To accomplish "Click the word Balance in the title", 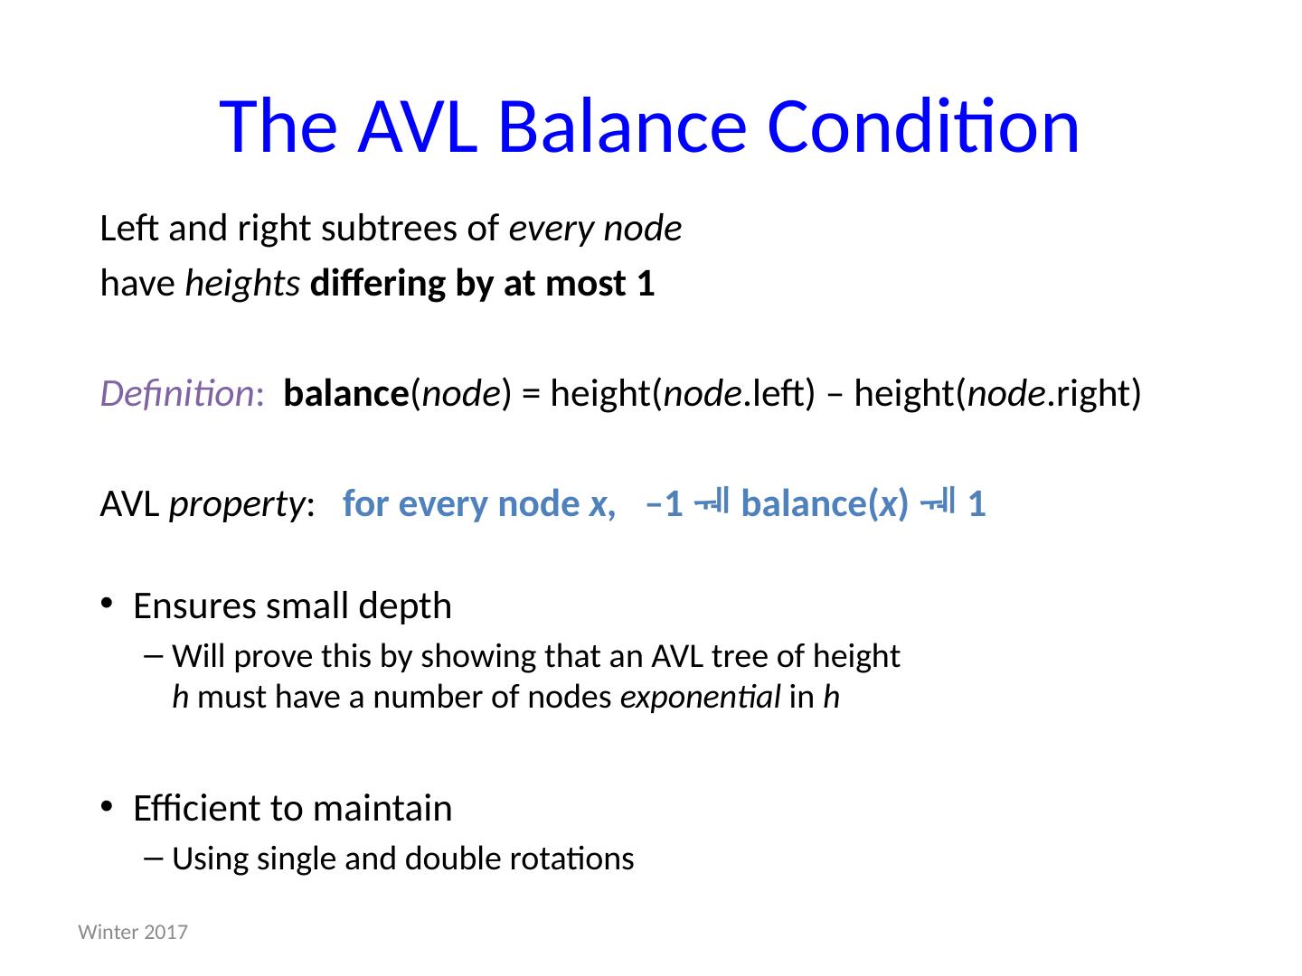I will (x=622, y=126).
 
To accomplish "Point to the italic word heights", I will (x=242, y=284).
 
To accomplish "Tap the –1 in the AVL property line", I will (x=664, y=504).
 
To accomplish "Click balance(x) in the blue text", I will (x=824, y=504).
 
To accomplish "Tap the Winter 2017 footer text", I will (x=134, y=932).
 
